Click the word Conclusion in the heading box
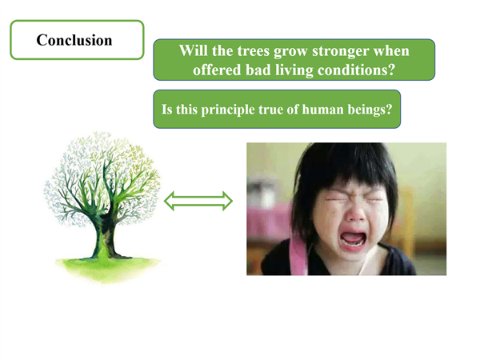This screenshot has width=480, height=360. pos(74,40)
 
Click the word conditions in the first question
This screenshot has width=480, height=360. pos(356,70)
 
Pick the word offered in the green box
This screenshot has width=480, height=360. pos(217,70)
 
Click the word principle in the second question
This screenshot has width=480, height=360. pos(228,110)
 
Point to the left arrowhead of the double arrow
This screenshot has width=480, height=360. pos(170,201)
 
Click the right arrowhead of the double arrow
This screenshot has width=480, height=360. pos(227,201)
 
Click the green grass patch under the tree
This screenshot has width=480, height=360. pos(107,268)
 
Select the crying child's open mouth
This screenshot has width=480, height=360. pos(354,238)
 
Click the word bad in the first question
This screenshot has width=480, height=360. pos(258,70)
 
